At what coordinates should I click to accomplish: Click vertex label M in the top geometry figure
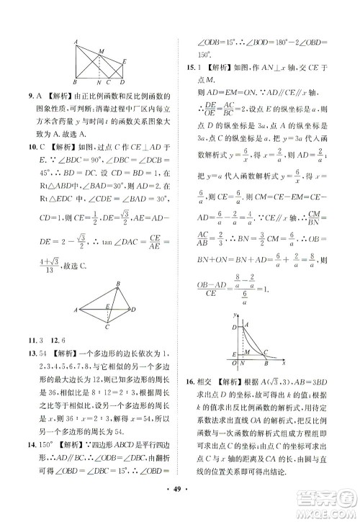102,50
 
